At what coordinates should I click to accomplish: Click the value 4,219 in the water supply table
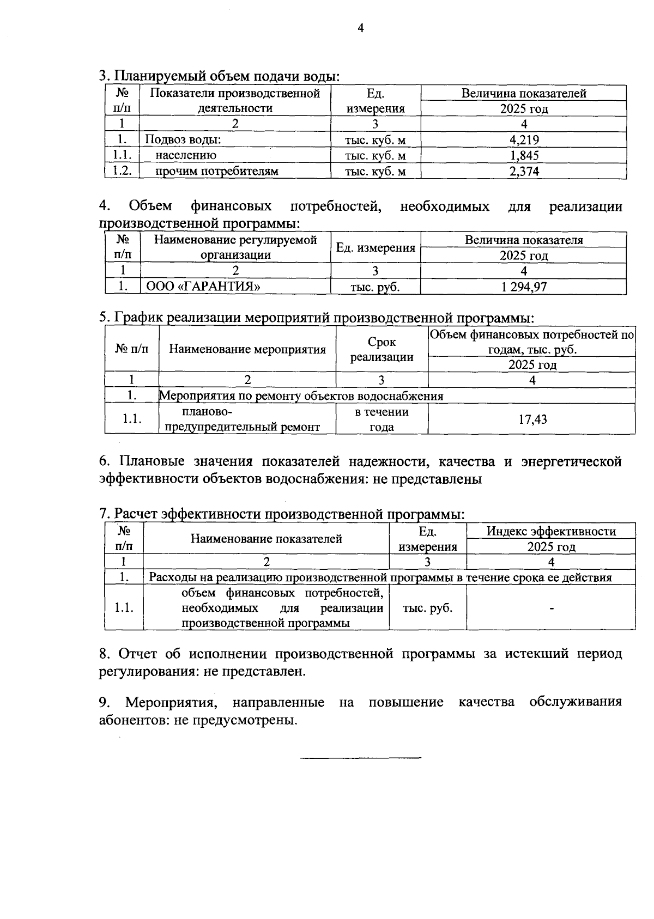tap(524, 139)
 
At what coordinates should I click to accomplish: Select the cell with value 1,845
tap(524, 155)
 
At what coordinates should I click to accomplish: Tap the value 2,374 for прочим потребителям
tap(524, 171)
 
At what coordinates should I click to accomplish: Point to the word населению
tap(186, 155)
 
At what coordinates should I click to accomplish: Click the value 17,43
tap(532, 419)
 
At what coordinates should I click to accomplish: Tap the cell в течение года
tap(381, 419)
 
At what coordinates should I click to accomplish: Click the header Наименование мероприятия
tap(247, 349)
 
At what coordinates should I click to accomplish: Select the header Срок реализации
tap(381, 349)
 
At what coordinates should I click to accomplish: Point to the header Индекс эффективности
tap(551, 531)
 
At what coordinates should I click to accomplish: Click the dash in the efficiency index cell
tap(552, 608)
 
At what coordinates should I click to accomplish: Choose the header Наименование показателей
tap(266, 539)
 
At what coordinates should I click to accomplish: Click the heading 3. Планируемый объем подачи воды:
tap(219, 76)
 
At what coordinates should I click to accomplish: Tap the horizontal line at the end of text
tap(361, 758)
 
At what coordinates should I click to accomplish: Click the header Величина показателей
tap(524, 93)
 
